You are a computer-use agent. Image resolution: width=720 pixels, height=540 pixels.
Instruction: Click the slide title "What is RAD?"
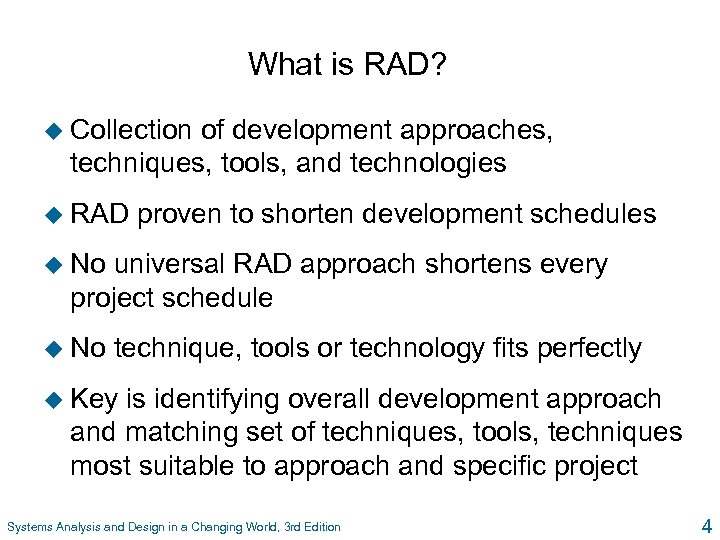[347, 65]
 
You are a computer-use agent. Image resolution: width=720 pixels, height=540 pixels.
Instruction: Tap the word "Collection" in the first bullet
[131, 130]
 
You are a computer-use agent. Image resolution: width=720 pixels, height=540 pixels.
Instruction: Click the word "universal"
[169, 265]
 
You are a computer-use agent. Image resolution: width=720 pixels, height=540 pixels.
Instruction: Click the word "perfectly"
[589, 349]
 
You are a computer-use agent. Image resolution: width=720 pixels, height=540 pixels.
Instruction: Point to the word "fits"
[511, 349]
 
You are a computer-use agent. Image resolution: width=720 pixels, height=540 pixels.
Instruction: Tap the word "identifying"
[205, 400]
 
